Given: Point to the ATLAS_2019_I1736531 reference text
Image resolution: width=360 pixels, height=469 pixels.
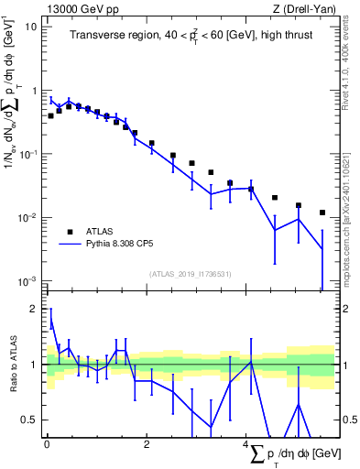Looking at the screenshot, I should click(190, 273).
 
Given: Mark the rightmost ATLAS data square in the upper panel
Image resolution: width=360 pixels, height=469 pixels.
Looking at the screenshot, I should click(322, 213).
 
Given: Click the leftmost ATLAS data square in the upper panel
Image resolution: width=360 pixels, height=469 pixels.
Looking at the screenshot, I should click(51, 115).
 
